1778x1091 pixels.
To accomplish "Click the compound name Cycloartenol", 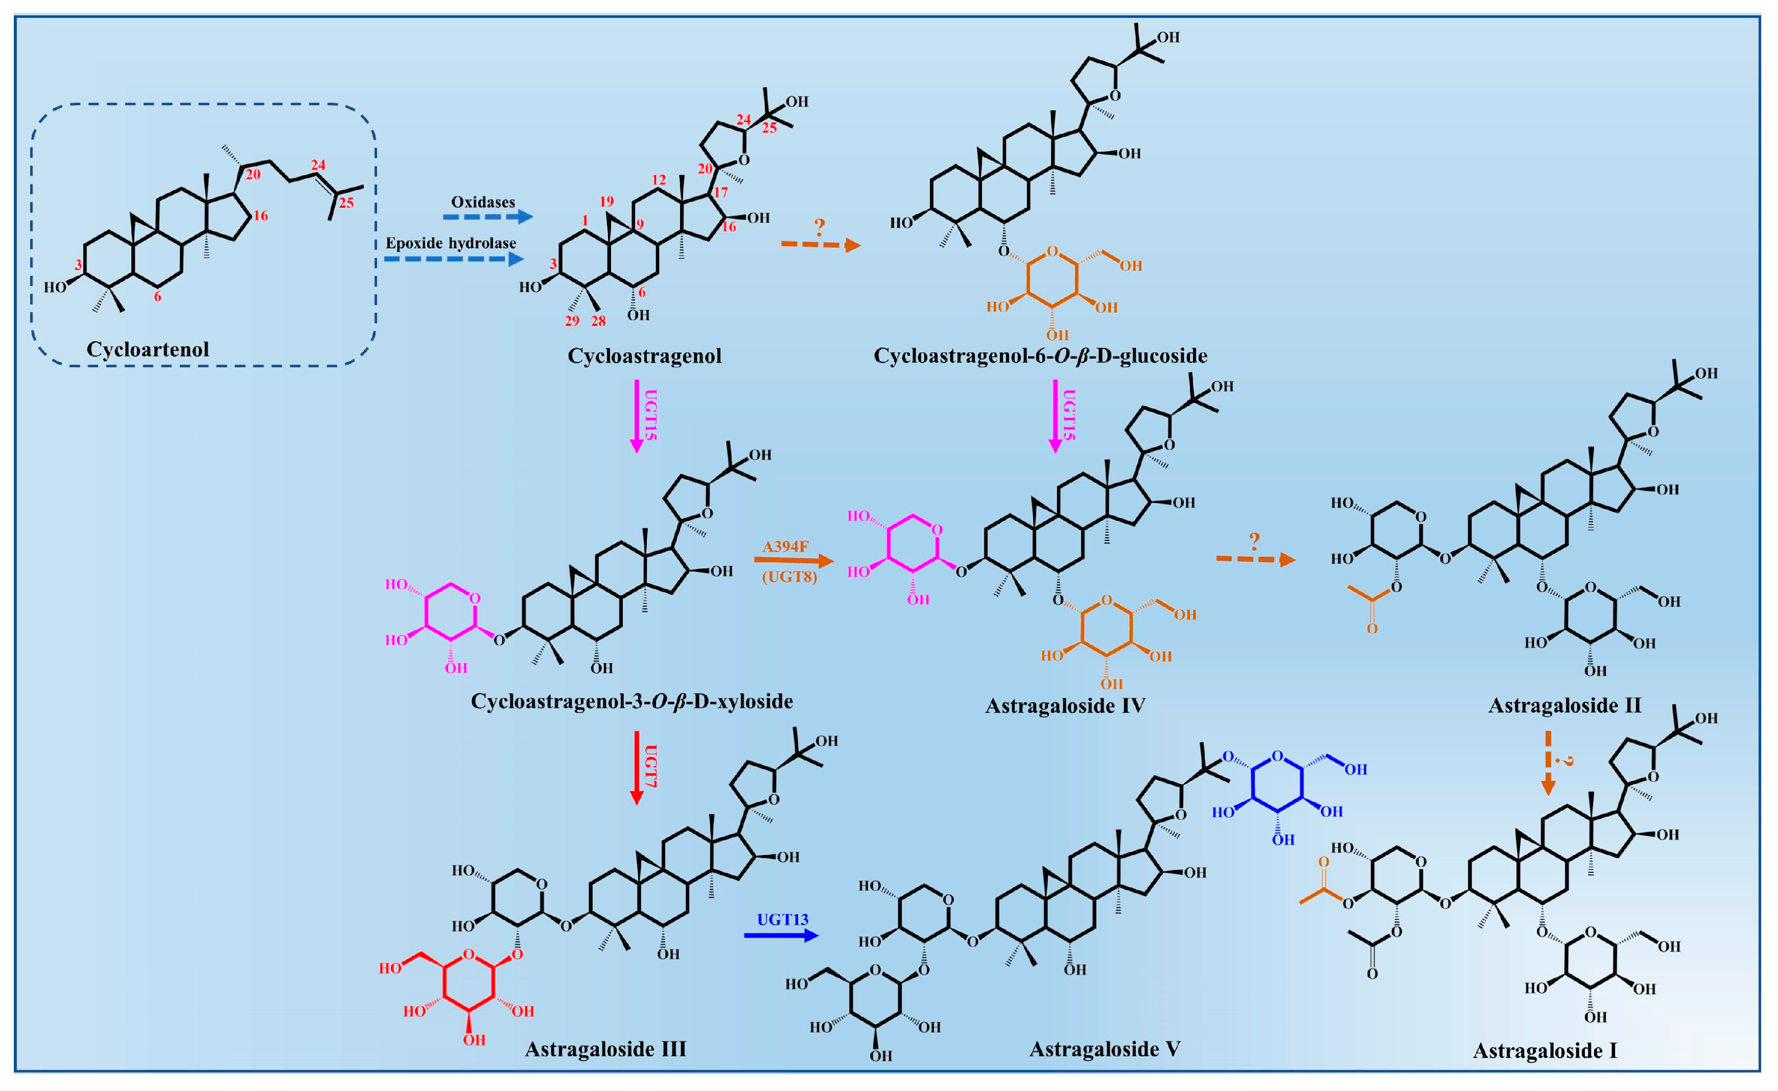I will click(148, 349).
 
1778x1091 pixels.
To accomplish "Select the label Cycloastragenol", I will click(644, 355).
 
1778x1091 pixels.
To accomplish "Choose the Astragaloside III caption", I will click(605, 1049).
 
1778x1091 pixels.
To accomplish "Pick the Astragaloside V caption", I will click(1105, 1049).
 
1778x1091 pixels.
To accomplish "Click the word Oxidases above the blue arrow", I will click(483, 202).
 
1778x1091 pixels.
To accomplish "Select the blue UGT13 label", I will click(782, 920).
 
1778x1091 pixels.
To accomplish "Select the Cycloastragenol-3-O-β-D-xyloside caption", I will click(631, 701).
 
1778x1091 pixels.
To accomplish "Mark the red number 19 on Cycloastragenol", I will click(606, 202).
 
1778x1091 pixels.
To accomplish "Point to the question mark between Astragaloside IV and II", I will click(1255, 541).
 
